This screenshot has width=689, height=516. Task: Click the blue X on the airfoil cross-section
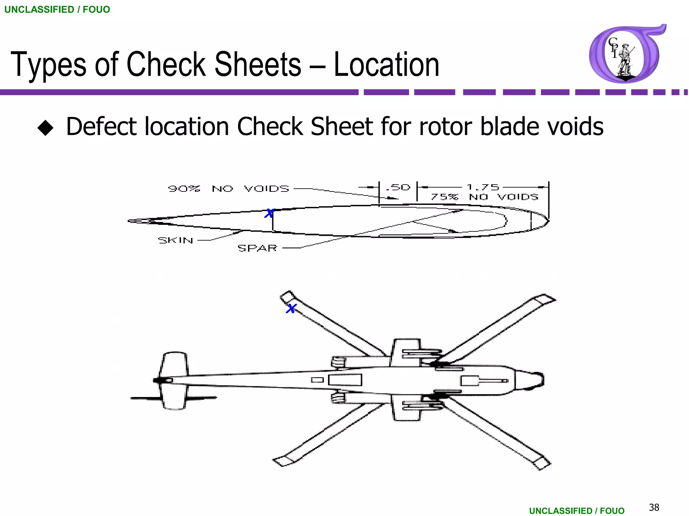pyautogui.click(x=269, y=213)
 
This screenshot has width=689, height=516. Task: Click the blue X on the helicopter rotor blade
pyautogui.click(x=291, y=308)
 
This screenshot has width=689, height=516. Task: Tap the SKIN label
pyautogui.click(x=175, y=240)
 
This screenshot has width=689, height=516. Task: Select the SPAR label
pyautogui.click(x=257, y=248)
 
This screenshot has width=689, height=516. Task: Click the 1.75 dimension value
pyautogui.click(x=482, y=187)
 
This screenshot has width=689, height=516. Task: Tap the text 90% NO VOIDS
pyautogui.click(x=228, y=188)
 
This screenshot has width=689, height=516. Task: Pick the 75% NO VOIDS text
pyautogui.click(x=484, y=197)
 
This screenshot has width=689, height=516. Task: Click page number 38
pyautogui.click(x=654, y=507)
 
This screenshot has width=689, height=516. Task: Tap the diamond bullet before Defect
pyautogui.click(x=45, y=128)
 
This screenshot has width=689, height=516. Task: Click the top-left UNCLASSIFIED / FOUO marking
pyautogui.click(x=57, y=9)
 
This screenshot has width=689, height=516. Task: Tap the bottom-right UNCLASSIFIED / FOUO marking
pyautogui.click(x=577, y=511)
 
